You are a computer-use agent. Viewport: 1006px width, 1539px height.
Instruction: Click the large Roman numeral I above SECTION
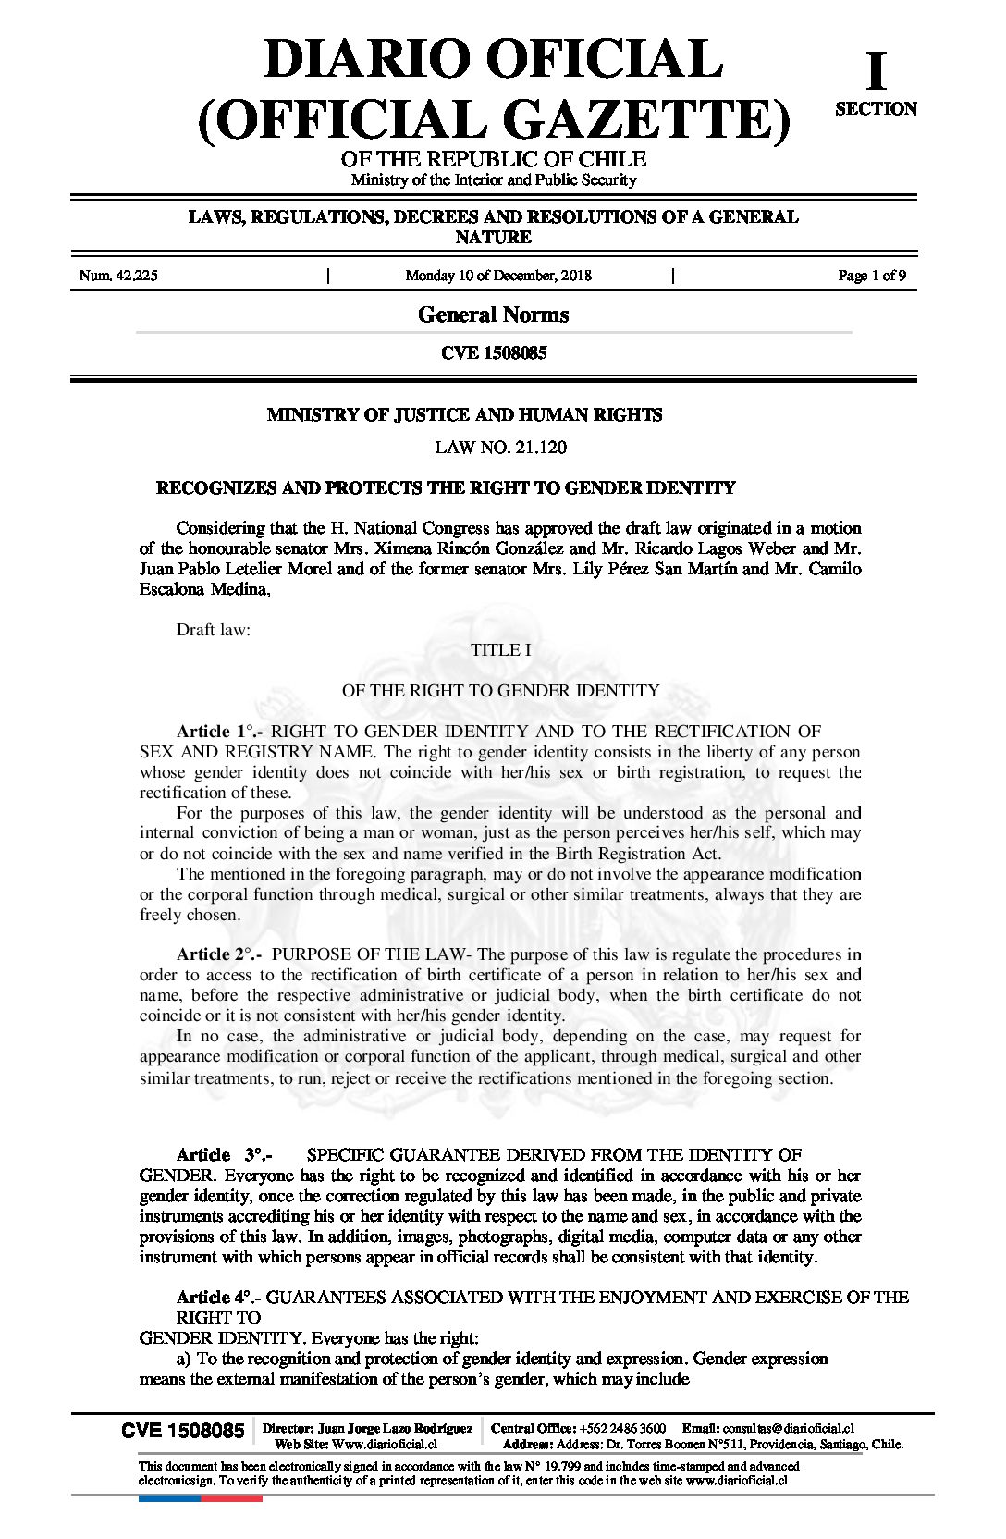coord(875,70)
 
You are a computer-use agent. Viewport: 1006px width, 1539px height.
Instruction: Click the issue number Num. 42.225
coord(118,276)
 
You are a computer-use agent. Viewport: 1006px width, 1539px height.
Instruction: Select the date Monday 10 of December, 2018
coord(498,276)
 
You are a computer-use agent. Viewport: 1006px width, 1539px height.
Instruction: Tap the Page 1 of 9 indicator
coord(871,276)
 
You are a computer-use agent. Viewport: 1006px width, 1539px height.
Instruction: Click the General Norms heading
coord(493,315)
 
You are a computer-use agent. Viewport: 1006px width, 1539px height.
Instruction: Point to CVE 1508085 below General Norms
coord(493,353)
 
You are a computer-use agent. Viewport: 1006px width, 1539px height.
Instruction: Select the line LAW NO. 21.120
coord(500,448)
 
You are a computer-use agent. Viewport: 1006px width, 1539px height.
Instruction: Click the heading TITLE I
coord(500,650)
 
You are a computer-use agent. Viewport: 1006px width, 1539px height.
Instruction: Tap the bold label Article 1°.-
coord(220,732)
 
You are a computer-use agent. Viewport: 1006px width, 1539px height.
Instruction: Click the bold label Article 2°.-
coord(220,954)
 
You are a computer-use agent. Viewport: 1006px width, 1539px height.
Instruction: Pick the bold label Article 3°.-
coord(224,1155)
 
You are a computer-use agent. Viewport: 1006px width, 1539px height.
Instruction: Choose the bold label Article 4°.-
coord(219,1298)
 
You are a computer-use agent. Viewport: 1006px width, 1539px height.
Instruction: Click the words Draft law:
coord(214,630)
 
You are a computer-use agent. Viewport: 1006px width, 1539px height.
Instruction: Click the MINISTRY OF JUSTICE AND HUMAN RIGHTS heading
coord(464,415)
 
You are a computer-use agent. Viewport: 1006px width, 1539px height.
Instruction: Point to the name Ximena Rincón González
coord(467,548)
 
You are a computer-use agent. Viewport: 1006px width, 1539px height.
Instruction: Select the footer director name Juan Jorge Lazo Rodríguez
coord(394,1429)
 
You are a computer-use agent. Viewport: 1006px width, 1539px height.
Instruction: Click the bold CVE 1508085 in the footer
coord(183,1431)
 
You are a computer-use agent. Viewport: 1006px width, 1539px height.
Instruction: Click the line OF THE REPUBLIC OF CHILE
coord(493,159)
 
